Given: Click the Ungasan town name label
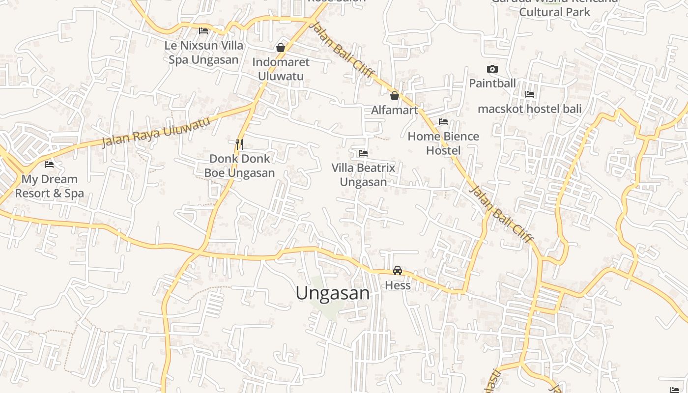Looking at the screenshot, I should click(333, 293).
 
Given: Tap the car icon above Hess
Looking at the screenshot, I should click(398, 271).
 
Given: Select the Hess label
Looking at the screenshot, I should click(398, 285).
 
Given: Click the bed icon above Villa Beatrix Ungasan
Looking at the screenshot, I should click(363, 153).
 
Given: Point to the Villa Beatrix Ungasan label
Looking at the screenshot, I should click(363, 175).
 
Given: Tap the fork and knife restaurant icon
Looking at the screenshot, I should click(239, 144).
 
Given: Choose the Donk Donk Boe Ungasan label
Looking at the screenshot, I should click(239, 166).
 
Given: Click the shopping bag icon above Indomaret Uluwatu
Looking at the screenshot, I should click(281, 48).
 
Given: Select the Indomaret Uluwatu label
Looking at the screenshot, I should click(281, 69).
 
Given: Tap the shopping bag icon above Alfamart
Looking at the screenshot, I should click(394, 96).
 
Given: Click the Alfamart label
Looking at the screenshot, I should click(394, 110).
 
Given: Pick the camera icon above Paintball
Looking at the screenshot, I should click(492, 69).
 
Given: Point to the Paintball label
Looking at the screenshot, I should click(492, 84).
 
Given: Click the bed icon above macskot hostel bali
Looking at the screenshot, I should click(530, 94).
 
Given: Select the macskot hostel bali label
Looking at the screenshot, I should click(530, 109).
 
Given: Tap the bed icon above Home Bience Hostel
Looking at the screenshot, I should click(443, 122).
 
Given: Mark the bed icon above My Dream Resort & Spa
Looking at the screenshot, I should click(49, 165).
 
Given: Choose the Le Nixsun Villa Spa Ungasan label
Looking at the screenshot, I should click(204, 53).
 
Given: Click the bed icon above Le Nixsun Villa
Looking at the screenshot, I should click(203, 31).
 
